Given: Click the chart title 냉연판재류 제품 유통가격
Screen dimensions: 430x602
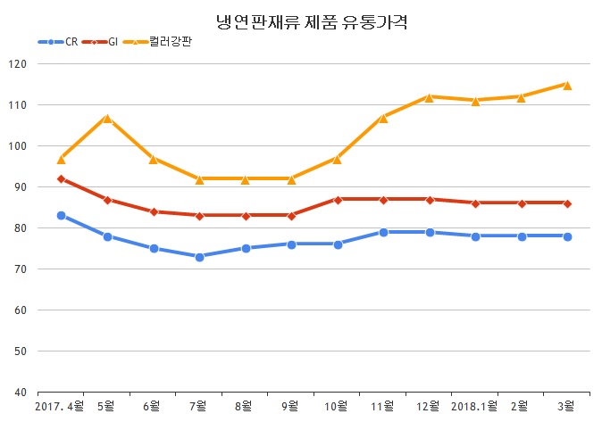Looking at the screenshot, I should (301, 20).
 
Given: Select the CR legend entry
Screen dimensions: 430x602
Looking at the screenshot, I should (60, 42).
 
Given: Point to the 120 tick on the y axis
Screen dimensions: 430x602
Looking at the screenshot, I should (19, 64).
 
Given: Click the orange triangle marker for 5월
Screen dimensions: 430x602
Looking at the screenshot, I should (106, 118).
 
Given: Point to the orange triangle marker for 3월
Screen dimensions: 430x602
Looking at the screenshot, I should (567, 85).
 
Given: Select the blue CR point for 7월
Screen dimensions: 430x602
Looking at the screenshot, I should (199, 257).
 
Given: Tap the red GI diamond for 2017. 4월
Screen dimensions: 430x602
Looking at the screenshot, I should (61, 178).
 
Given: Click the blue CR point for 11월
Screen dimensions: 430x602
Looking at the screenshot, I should (383, 232).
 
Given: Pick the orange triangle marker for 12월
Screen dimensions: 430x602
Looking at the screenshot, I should (430, 97).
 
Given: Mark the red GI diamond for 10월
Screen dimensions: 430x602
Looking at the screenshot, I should (338, 199).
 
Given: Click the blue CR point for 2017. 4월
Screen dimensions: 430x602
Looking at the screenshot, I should (61, 215).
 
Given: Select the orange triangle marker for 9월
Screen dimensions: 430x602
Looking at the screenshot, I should (291, 178).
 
